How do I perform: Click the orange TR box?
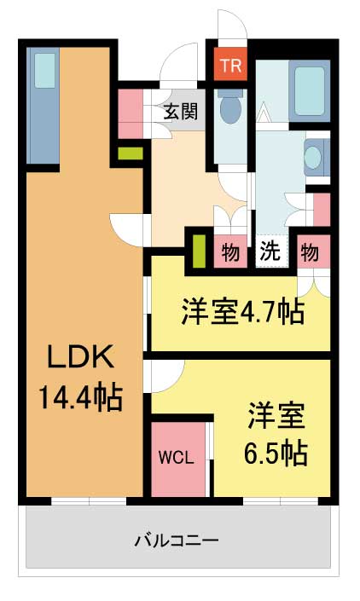(x=230, y=65)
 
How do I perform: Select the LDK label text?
(x=80, y=356)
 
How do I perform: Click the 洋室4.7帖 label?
(x=243, y=311)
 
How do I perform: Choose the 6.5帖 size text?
(x=276, y=453)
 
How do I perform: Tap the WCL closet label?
(x=176, y=457)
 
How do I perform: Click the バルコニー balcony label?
(x=177, y=540)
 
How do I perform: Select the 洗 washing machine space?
(x=270, y=251)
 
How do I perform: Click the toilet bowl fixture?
(x=231, y=105)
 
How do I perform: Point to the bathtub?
(x=310, y=91)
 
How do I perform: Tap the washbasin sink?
(x=316, y=157)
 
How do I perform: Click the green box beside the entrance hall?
(x=131, y=153)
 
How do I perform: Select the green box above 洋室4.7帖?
(x=199, y=251)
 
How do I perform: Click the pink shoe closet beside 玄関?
(x=131, y=113)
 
